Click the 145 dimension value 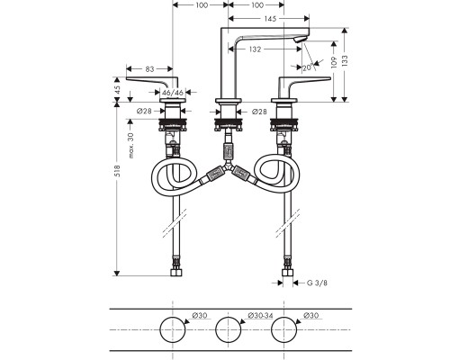tap(270, 19)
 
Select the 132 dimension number tap(255, 49)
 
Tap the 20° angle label tap(308, 67)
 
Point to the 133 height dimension tap(345, 61)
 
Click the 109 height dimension tap(334, 62)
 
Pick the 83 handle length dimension tap(149, 69)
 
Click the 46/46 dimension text tap(173, 93)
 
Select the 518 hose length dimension tap(117, 171)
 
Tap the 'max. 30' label tap(130, 146)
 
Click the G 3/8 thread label tap(317, 283)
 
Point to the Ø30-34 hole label tap(260, 315)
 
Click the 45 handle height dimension tap(117, 90)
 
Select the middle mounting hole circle tap(229, 329)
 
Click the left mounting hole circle tap(173, 329)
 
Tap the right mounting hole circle tap(284, 329)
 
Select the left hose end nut tap(176, 273)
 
